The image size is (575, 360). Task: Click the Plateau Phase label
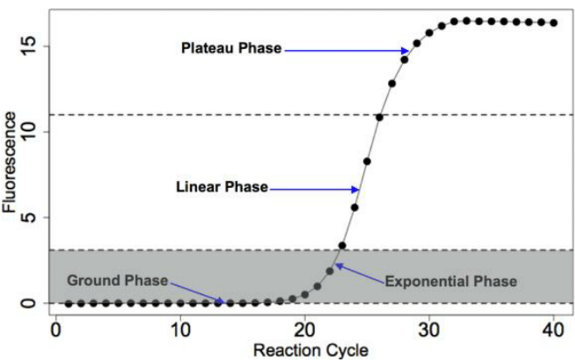231,48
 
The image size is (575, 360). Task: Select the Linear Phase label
222,188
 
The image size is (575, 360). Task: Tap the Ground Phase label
117,280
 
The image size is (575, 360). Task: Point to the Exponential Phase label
451,281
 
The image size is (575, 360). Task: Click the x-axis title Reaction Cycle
311,350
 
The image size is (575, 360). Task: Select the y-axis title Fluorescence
10,162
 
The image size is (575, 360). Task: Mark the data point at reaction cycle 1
69,303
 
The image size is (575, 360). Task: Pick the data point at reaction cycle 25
367,161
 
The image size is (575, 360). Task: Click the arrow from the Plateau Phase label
346,50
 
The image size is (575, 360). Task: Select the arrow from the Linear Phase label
314,189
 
